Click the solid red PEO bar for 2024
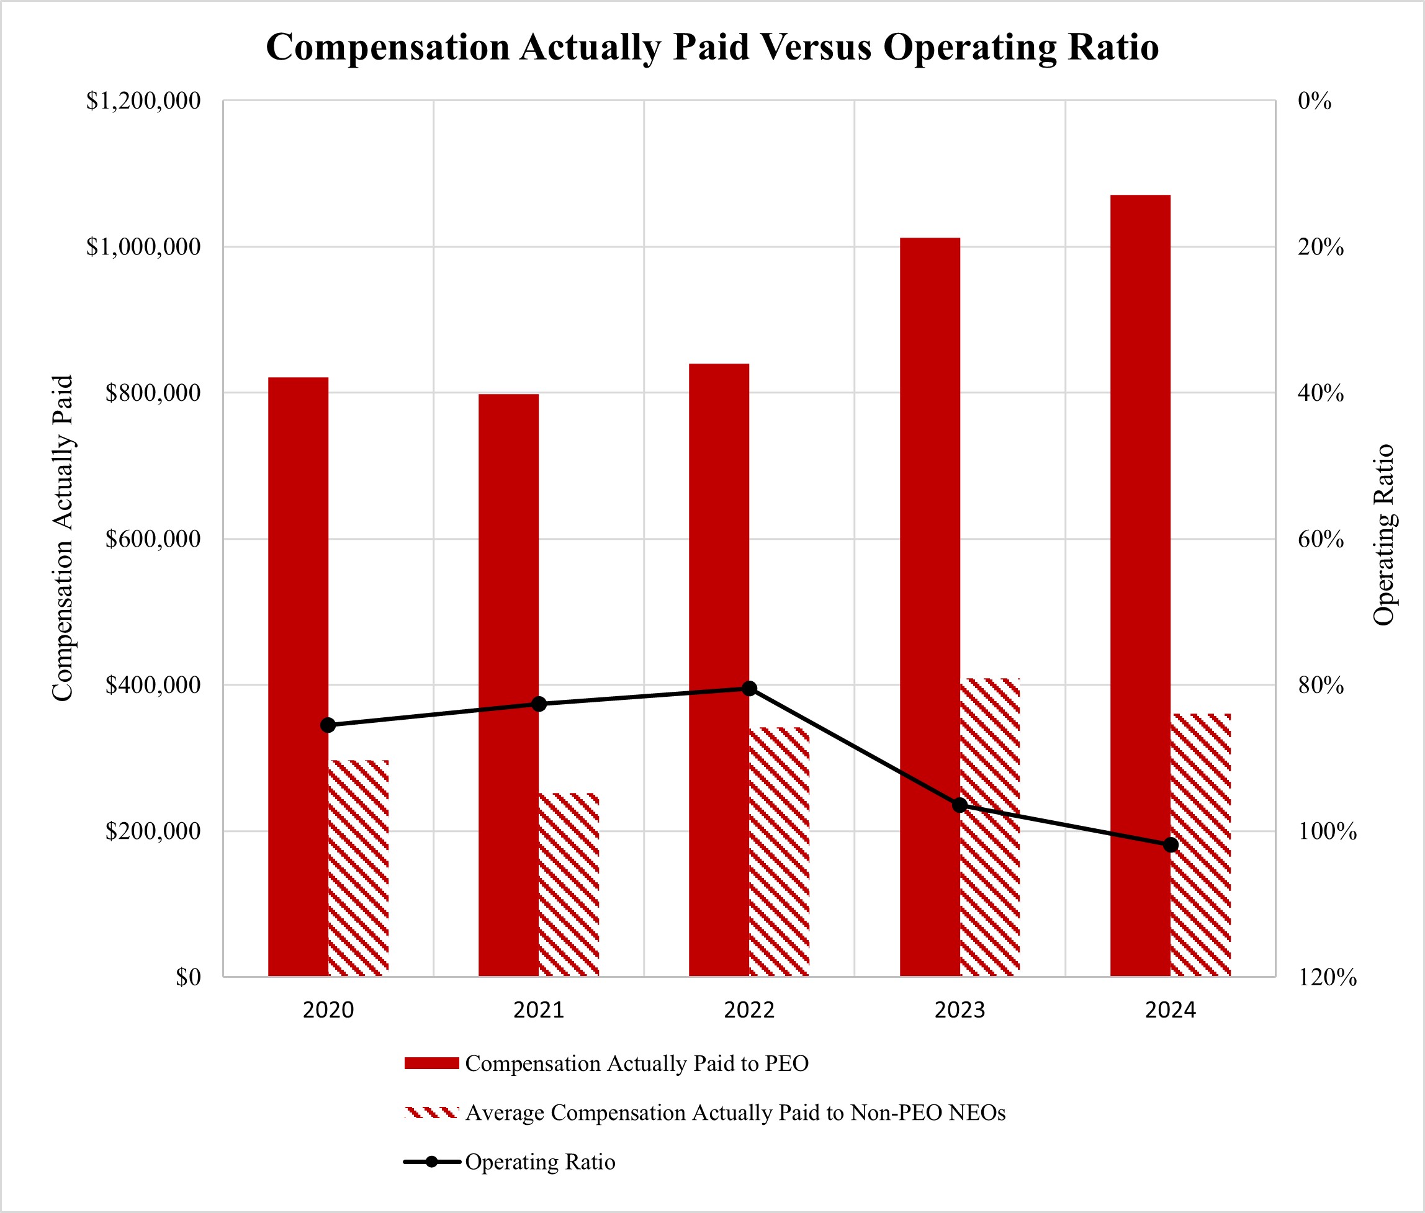[1140, 584]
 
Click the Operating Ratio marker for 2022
[750, 688]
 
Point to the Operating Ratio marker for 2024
[1171, 845]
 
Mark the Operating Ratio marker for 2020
[328, 725]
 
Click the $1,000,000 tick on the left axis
[143, 247]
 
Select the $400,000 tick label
[153, 685]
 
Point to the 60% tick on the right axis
[1321, 539]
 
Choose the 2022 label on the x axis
[749, 1010]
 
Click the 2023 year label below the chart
[960, 1010]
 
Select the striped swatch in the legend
[431, 1112]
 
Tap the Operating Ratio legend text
[540, 1162]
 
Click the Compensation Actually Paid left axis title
[63, 538]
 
